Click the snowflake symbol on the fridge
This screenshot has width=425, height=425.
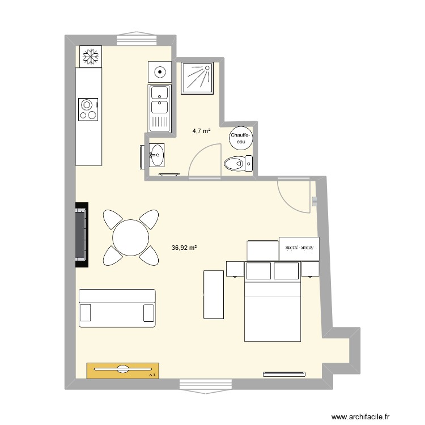coord(90,56)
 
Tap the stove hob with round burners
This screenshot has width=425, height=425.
coord(88,109)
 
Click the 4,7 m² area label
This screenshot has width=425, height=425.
coord(201,131)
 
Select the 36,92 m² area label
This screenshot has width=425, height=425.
coord(184,248)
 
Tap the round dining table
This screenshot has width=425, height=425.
coord(131,238)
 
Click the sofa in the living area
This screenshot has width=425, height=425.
coord(117,308)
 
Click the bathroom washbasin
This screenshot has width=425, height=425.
coord(156,154)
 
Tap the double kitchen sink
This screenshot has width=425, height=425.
coord(159,108)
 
